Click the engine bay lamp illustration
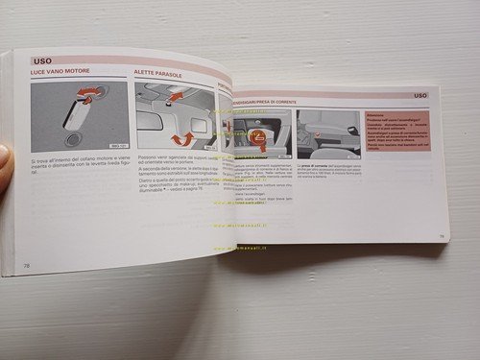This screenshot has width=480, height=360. pos(79,117)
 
